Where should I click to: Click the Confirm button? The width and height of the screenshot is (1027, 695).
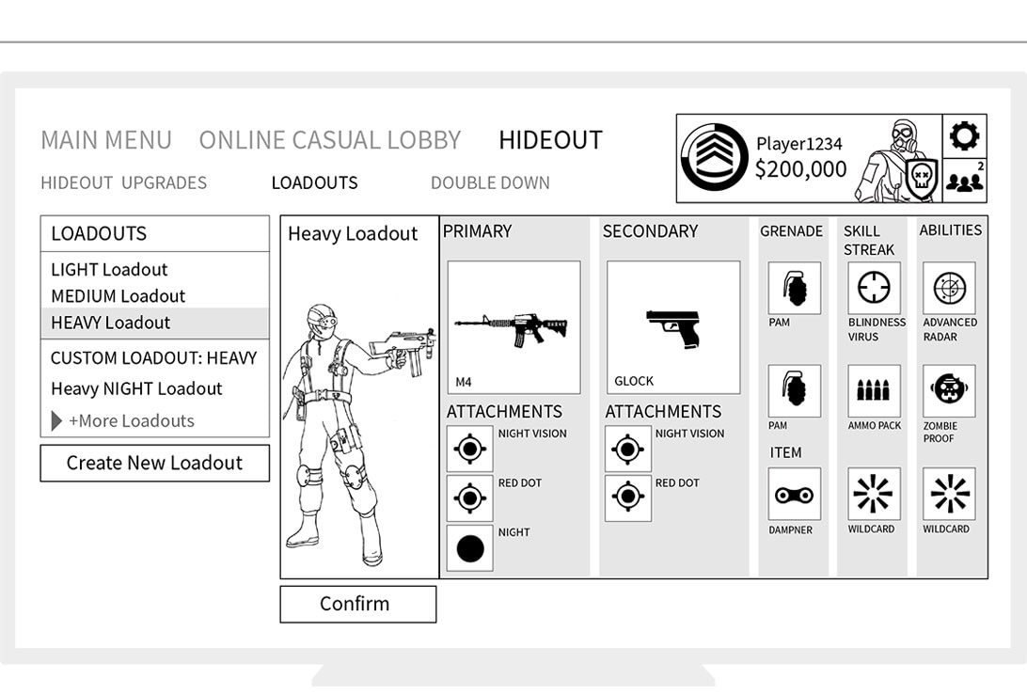357,603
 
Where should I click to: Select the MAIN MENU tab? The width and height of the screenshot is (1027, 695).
106,140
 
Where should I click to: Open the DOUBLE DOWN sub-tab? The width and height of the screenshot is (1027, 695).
490,182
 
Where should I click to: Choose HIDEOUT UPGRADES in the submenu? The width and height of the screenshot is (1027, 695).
124,182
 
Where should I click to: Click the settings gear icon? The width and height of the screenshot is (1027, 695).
965,136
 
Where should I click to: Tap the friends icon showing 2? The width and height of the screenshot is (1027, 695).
965,179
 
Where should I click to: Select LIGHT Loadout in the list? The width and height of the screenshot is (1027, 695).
109,269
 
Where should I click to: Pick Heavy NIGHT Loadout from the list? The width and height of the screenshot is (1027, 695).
136,388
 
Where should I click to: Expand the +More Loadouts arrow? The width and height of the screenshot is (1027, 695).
56,420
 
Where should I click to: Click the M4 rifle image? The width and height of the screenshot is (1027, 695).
511,325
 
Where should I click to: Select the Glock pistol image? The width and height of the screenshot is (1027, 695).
673,328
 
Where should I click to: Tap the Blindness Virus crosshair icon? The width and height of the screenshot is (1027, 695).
874,288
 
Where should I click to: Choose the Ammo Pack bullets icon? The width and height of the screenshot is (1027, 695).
874,390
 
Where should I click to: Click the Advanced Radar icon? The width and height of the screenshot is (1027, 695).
949,288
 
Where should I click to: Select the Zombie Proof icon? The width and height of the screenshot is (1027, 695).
949,390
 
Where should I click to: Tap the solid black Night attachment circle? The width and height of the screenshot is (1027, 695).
470,549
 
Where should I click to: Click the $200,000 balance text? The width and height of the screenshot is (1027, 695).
800,169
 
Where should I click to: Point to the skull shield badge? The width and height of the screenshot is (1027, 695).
922,177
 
